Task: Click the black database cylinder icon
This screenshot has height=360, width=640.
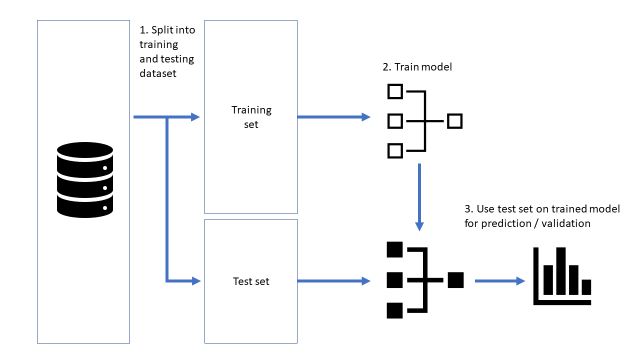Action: (85, 180)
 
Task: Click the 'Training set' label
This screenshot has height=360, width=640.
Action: (251, 117)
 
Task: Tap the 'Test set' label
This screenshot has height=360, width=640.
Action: (251, 281)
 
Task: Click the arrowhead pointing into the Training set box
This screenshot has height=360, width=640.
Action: (195, 117)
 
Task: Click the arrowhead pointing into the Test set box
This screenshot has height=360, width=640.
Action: (195, 281)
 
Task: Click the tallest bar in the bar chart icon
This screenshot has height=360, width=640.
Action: (561, 270)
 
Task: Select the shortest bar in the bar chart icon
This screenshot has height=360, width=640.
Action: (586, 286)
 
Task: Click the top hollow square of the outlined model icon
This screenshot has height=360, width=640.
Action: (395, 91)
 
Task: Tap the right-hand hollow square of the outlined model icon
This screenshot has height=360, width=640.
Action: (454, 121)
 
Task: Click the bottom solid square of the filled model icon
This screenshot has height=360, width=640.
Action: (395, 310)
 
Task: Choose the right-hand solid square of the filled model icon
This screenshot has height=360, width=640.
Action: (456, 280)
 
